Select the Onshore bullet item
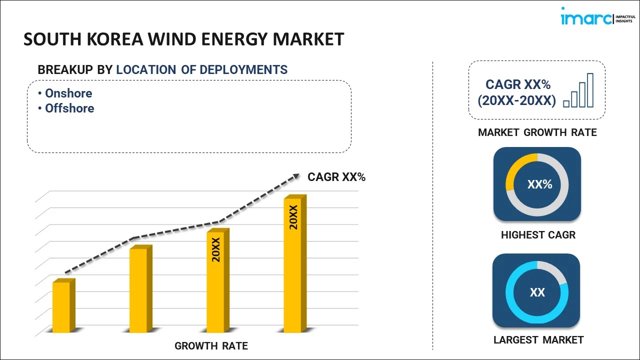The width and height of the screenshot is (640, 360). tap(68, 93)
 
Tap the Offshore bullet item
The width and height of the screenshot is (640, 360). tap(69, 108)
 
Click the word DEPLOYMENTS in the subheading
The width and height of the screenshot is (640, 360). tap(243, 70)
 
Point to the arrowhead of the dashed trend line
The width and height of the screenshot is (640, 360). tap(296, 176)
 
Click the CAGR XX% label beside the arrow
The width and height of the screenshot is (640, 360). tap(336, 176)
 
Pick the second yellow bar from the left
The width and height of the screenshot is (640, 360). tap(139, 289)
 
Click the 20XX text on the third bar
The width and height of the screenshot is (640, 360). tap(216, 250)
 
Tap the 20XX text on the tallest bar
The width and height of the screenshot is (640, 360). tap(293, 217)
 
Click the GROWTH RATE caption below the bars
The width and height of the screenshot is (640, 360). tap(211, 346)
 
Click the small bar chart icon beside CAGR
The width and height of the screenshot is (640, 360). tap(578, 90)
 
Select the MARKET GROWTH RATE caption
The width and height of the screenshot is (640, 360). tap(537, 132)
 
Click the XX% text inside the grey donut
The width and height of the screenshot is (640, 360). tap(539, 184)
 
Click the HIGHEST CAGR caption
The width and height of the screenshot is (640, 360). tap(538, 235)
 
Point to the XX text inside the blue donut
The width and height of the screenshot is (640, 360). tap(537, 292)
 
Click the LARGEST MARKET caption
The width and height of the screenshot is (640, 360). tap(538, 340)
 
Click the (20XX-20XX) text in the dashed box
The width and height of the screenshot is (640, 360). tap(516, 101)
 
